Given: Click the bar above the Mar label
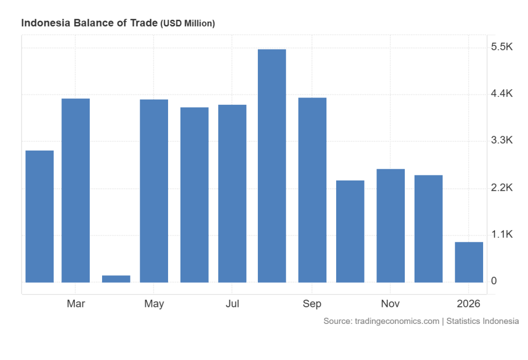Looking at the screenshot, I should [x=76, y=190].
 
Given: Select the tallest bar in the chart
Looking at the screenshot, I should [x=272, y=166].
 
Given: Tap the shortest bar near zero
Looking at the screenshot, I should [x=116, y=279].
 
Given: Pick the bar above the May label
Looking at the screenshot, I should [x=154, y=191].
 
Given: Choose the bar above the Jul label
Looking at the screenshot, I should [x=232, y=193].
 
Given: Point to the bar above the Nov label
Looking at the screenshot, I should [x=390, y=225].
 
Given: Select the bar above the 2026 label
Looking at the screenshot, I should [x=469, y=262].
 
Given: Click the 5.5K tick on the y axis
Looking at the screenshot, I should [x=502, y=47].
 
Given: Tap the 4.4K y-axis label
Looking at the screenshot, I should [x=502, y=94].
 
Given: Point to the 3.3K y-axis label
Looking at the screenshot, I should [x=502, y=141].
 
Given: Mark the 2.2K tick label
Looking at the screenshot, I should [x=502, y=188].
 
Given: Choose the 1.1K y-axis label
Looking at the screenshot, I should [x=502, y=235].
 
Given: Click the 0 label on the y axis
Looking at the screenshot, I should [x=494, y=281].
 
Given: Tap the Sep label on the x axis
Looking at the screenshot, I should [x=312, y=304].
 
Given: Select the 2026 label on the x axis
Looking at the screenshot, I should [x=469, y=304].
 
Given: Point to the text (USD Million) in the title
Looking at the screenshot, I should [x=188, y=23].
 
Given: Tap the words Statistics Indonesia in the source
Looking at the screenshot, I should [x=483, y=321].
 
